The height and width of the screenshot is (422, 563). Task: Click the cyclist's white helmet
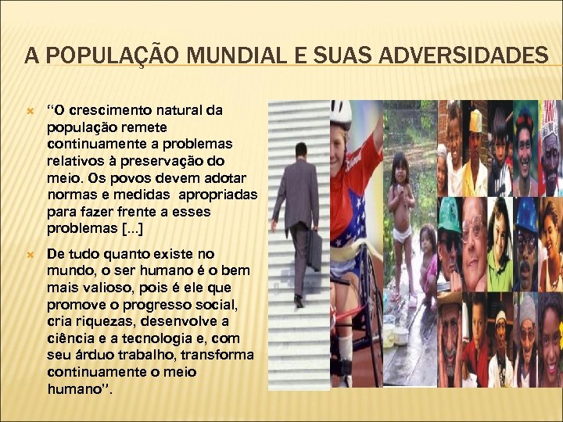[341, 114]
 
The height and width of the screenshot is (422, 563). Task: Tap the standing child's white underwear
[401, 233]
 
